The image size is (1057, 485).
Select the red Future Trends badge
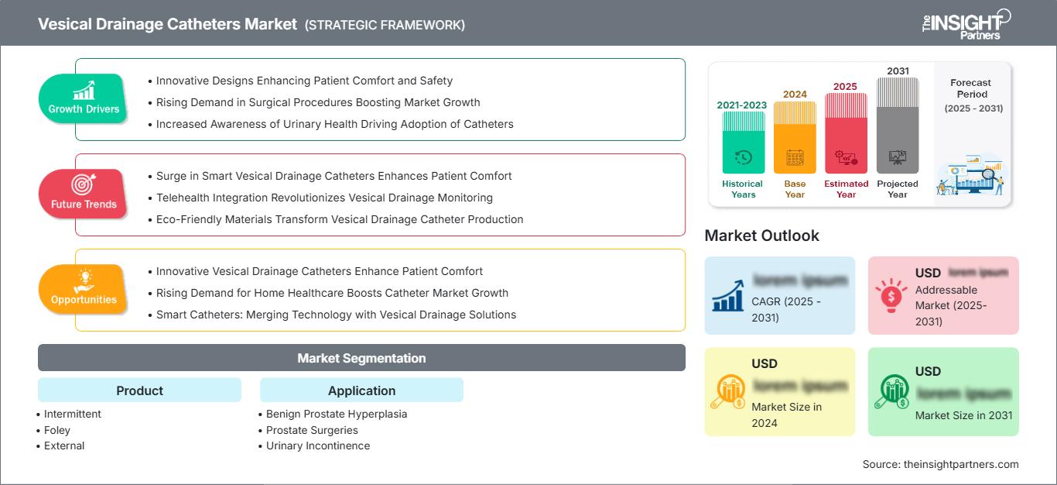[84, 194]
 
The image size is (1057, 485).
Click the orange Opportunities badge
[84, 290]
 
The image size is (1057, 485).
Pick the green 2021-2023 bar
[743, 143]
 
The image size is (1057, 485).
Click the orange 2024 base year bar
[795, 138]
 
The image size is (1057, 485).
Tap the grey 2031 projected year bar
[898, 126]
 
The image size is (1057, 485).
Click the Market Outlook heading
[761, 236]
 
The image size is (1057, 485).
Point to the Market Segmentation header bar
[361, 358]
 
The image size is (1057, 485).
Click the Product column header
[139, 390]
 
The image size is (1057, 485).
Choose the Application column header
[361, 390]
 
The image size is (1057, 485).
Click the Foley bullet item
[57, 430]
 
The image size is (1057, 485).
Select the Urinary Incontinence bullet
[317, 445]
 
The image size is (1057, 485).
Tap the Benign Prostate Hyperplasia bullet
[336, 414]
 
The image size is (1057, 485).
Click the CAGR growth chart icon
[728, 295]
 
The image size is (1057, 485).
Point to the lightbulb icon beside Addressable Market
[891, 295]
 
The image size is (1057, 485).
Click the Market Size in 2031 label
[963, 415]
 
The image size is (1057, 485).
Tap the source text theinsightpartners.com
[940, 464]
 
